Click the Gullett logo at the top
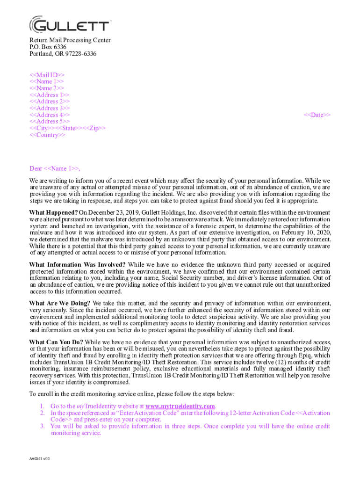(70, 25)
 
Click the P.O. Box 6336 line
(48, 47)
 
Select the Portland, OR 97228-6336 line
(63, 54)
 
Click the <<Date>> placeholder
(317, 115)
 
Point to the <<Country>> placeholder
(48, 135)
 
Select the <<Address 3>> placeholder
(50, 108)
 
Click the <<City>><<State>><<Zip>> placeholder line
(67, 128)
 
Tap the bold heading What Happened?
(54, 212)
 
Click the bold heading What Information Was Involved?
(77, 265)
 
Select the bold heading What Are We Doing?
(60, 303)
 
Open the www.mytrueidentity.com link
(180, 406)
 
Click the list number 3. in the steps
(42, 426)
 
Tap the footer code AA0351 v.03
(39, 458)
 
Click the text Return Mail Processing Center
(70, 40)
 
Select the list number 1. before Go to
(42, 406)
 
